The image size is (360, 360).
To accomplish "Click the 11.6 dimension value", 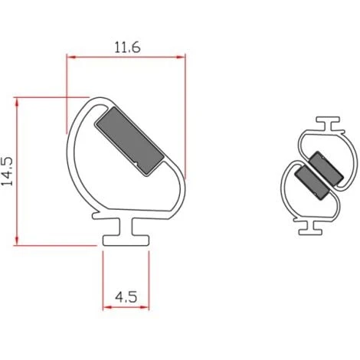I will pyautogui.click(x=126, y=46).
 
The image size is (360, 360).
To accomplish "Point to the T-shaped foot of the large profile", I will pyautogui.click(x=124, y=234).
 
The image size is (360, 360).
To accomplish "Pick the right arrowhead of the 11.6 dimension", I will pyautogui.click(x=181, y=57).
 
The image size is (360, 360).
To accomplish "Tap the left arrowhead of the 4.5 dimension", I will pyautogui.click(x=107, y=307).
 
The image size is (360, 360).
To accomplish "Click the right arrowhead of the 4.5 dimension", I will pyautogui.click(x=142, y=307).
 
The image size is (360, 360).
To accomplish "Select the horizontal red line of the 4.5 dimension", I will pyautogui.click(x=125, y=307).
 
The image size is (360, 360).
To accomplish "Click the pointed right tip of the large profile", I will pyautogui.click(x=185, y=173).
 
